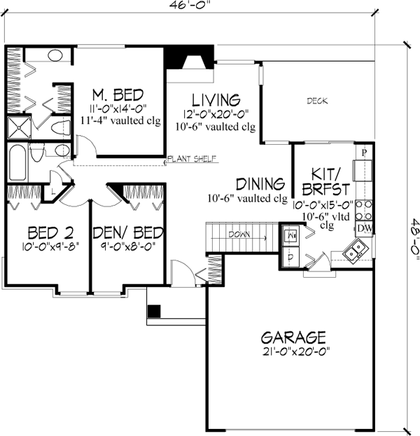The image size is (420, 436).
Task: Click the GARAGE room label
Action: click(293, 336)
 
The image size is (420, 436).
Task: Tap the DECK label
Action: click(318, 101)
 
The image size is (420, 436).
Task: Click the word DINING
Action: click(260, 185)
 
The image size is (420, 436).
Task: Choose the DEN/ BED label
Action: click(129, 232)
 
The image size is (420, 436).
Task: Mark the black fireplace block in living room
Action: click(173, 56)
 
